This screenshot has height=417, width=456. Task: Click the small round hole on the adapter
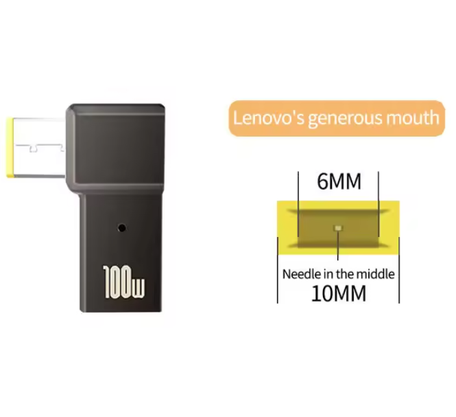pos(122,227)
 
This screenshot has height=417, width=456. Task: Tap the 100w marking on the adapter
pos(123,282)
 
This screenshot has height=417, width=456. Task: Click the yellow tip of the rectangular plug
pos(10,148)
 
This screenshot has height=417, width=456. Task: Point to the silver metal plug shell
pos(39,148)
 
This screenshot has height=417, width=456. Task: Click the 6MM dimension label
pos(339,181)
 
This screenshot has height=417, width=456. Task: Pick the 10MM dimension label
pos(339,293)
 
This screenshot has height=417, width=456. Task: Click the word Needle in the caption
pos(298,274)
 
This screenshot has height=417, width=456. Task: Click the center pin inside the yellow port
pos(338,227)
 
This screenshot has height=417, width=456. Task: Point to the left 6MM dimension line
pos(298,204)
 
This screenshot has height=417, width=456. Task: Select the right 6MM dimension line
pos(379,204)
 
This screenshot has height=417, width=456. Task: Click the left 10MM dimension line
pos(278,270)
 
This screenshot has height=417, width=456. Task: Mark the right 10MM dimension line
pos(399,270)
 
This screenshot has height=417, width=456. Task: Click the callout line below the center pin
pos(337,245)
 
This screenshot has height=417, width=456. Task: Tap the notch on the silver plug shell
pos(34,148)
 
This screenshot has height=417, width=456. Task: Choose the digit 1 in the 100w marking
pos(108,282)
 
